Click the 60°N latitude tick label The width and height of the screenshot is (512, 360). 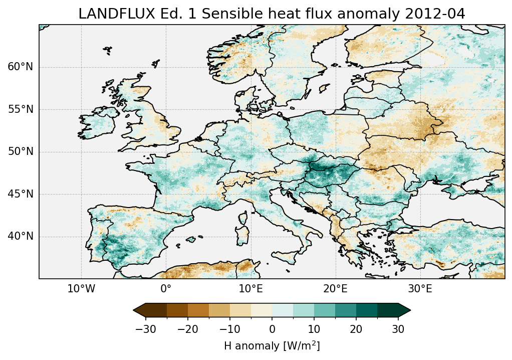click(20, 67)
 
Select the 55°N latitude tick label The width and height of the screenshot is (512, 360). click(20, 109)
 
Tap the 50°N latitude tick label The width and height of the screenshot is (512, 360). click(20, 152)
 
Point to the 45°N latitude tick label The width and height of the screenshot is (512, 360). click(20, 194)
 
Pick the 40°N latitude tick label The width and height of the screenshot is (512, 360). click(20, 236)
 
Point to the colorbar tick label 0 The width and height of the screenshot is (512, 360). click(272, 329)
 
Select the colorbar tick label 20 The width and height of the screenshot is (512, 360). click(356, 329)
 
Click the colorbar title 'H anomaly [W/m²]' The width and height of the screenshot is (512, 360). click(272, 346)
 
